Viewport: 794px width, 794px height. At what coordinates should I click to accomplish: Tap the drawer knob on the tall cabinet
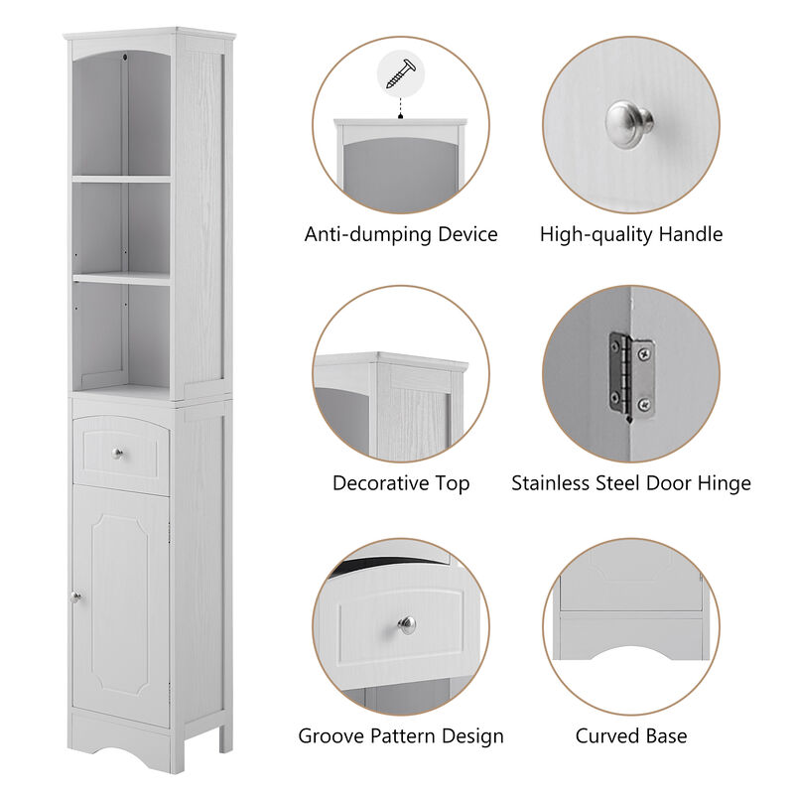click(x=118, y=455)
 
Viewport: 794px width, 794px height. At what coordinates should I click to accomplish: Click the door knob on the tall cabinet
click(x=75, y=596)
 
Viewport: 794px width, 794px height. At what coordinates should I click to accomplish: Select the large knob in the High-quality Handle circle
click(x=629, y=123)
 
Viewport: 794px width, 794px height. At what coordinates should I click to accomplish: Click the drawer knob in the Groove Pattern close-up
click(x=407, y=624)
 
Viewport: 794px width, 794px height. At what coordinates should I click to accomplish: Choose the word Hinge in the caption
click(x=725, y=483)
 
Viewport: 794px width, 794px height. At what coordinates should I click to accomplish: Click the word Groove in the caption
click(x=331, y=736)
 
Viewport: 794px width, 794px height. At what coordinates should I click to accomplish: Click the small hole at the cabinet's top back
click(x=126, y=58)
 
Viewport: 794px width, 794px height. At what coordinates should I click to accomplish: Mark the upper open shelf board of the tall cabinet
click(x=121, y=179)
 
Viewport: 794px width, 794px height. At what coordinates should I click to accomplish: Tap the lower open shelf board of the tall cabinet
click(x=121, y=279)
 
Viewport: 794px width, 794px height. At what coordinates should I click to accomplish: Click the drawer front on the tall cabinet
click(x=120, y=457)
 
